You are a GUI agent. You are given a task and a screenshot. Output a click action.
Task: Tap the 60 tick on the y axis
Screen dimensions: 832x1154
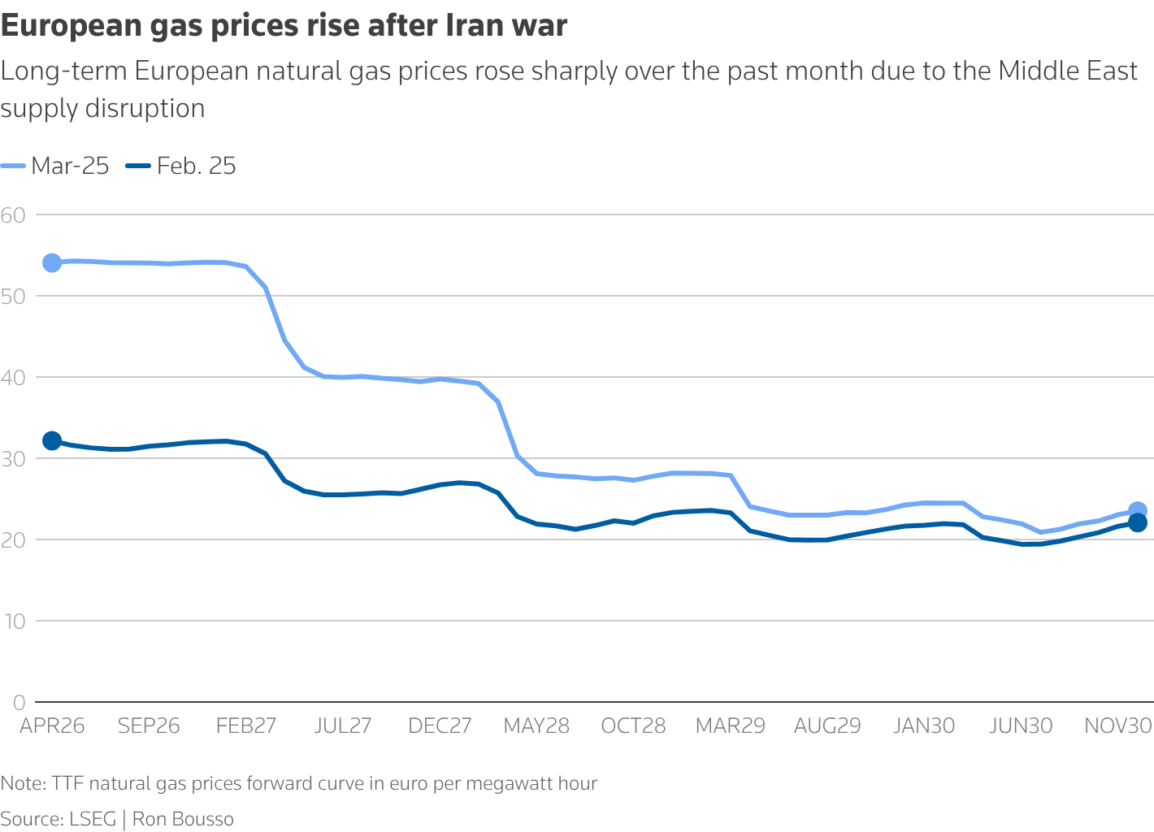click(x=13, y=214)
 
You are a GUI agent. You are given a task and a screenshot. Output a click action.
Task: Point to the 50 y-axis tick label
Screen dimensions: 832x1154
click(x=13, y=296)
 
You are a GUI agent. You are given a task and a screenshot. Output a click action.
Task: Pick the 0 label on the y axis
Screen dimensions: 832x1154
click(x=19, y=702)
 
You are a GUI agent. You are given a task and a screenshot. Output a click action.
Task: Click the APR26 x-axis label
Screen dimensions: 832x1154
click(x=52, y=726)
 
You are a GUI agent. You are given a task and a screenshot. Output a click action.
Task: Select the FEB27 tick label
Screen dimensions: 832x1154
click(x=245, y=726)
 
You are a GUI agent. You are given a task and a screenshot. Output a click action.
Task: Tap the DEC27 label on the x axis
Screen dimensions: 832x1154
click(x=440, y=726)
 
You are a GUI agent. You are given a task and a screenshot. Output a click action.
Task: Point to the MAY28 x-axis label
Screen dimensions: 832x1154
click(x=536, y=726)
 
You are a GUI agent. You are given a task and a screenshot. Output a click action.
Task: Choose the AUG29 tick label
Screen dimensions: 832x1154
click(x=827, y=726)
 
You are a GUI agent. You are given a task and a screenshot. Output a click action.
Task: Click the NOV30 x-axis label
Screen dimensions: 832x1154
click(x=1118, y=726)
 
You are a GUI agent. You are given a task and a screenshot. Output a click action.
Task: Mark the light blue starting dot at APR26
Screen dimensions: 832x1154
click(x=52, y=262)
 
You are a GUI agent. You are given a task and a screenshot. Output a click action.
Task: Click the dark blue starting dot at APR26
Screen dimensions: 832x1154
click(x=52, y=440)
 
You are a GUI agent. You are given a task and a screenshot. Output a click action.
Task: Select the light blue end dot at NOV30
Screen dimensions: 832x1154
click(x=1138, y=510)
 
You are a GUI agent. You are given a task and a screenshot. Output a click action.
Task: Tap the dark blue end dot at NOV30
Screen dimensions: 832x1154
click(x=1138, y=523)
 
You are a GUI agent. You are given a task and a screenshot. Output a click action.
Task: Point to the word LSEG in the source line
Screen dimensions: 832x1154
click(x=92, y=819)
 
